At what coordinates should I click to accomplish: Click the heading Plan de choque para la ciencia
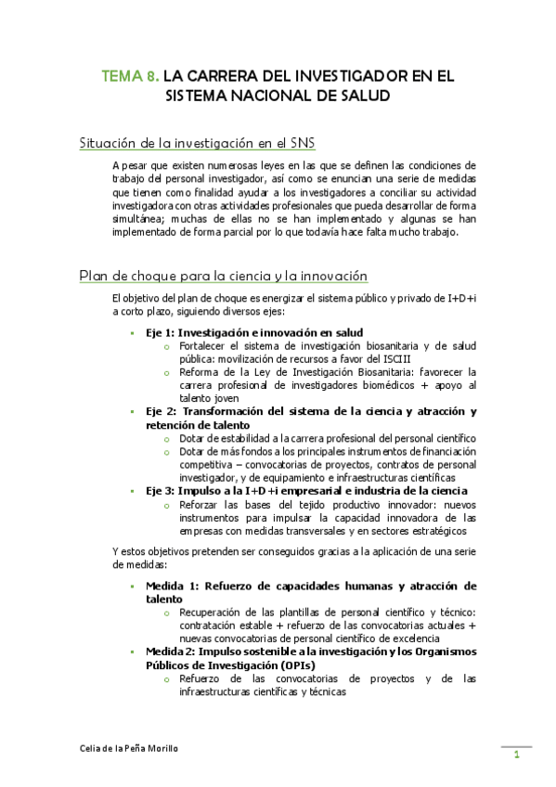pyautogui.click(x=224, y=276)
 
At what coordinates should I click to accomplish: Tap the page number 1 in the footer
pyautogui.click(x=516, y=755)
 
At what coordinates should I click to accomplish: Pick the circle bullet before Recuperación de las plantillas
pyautogui.click(x=166, y=613)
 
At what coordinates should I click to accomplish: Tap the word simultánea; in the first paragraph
pyautogui.click(x=139, y=219)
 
